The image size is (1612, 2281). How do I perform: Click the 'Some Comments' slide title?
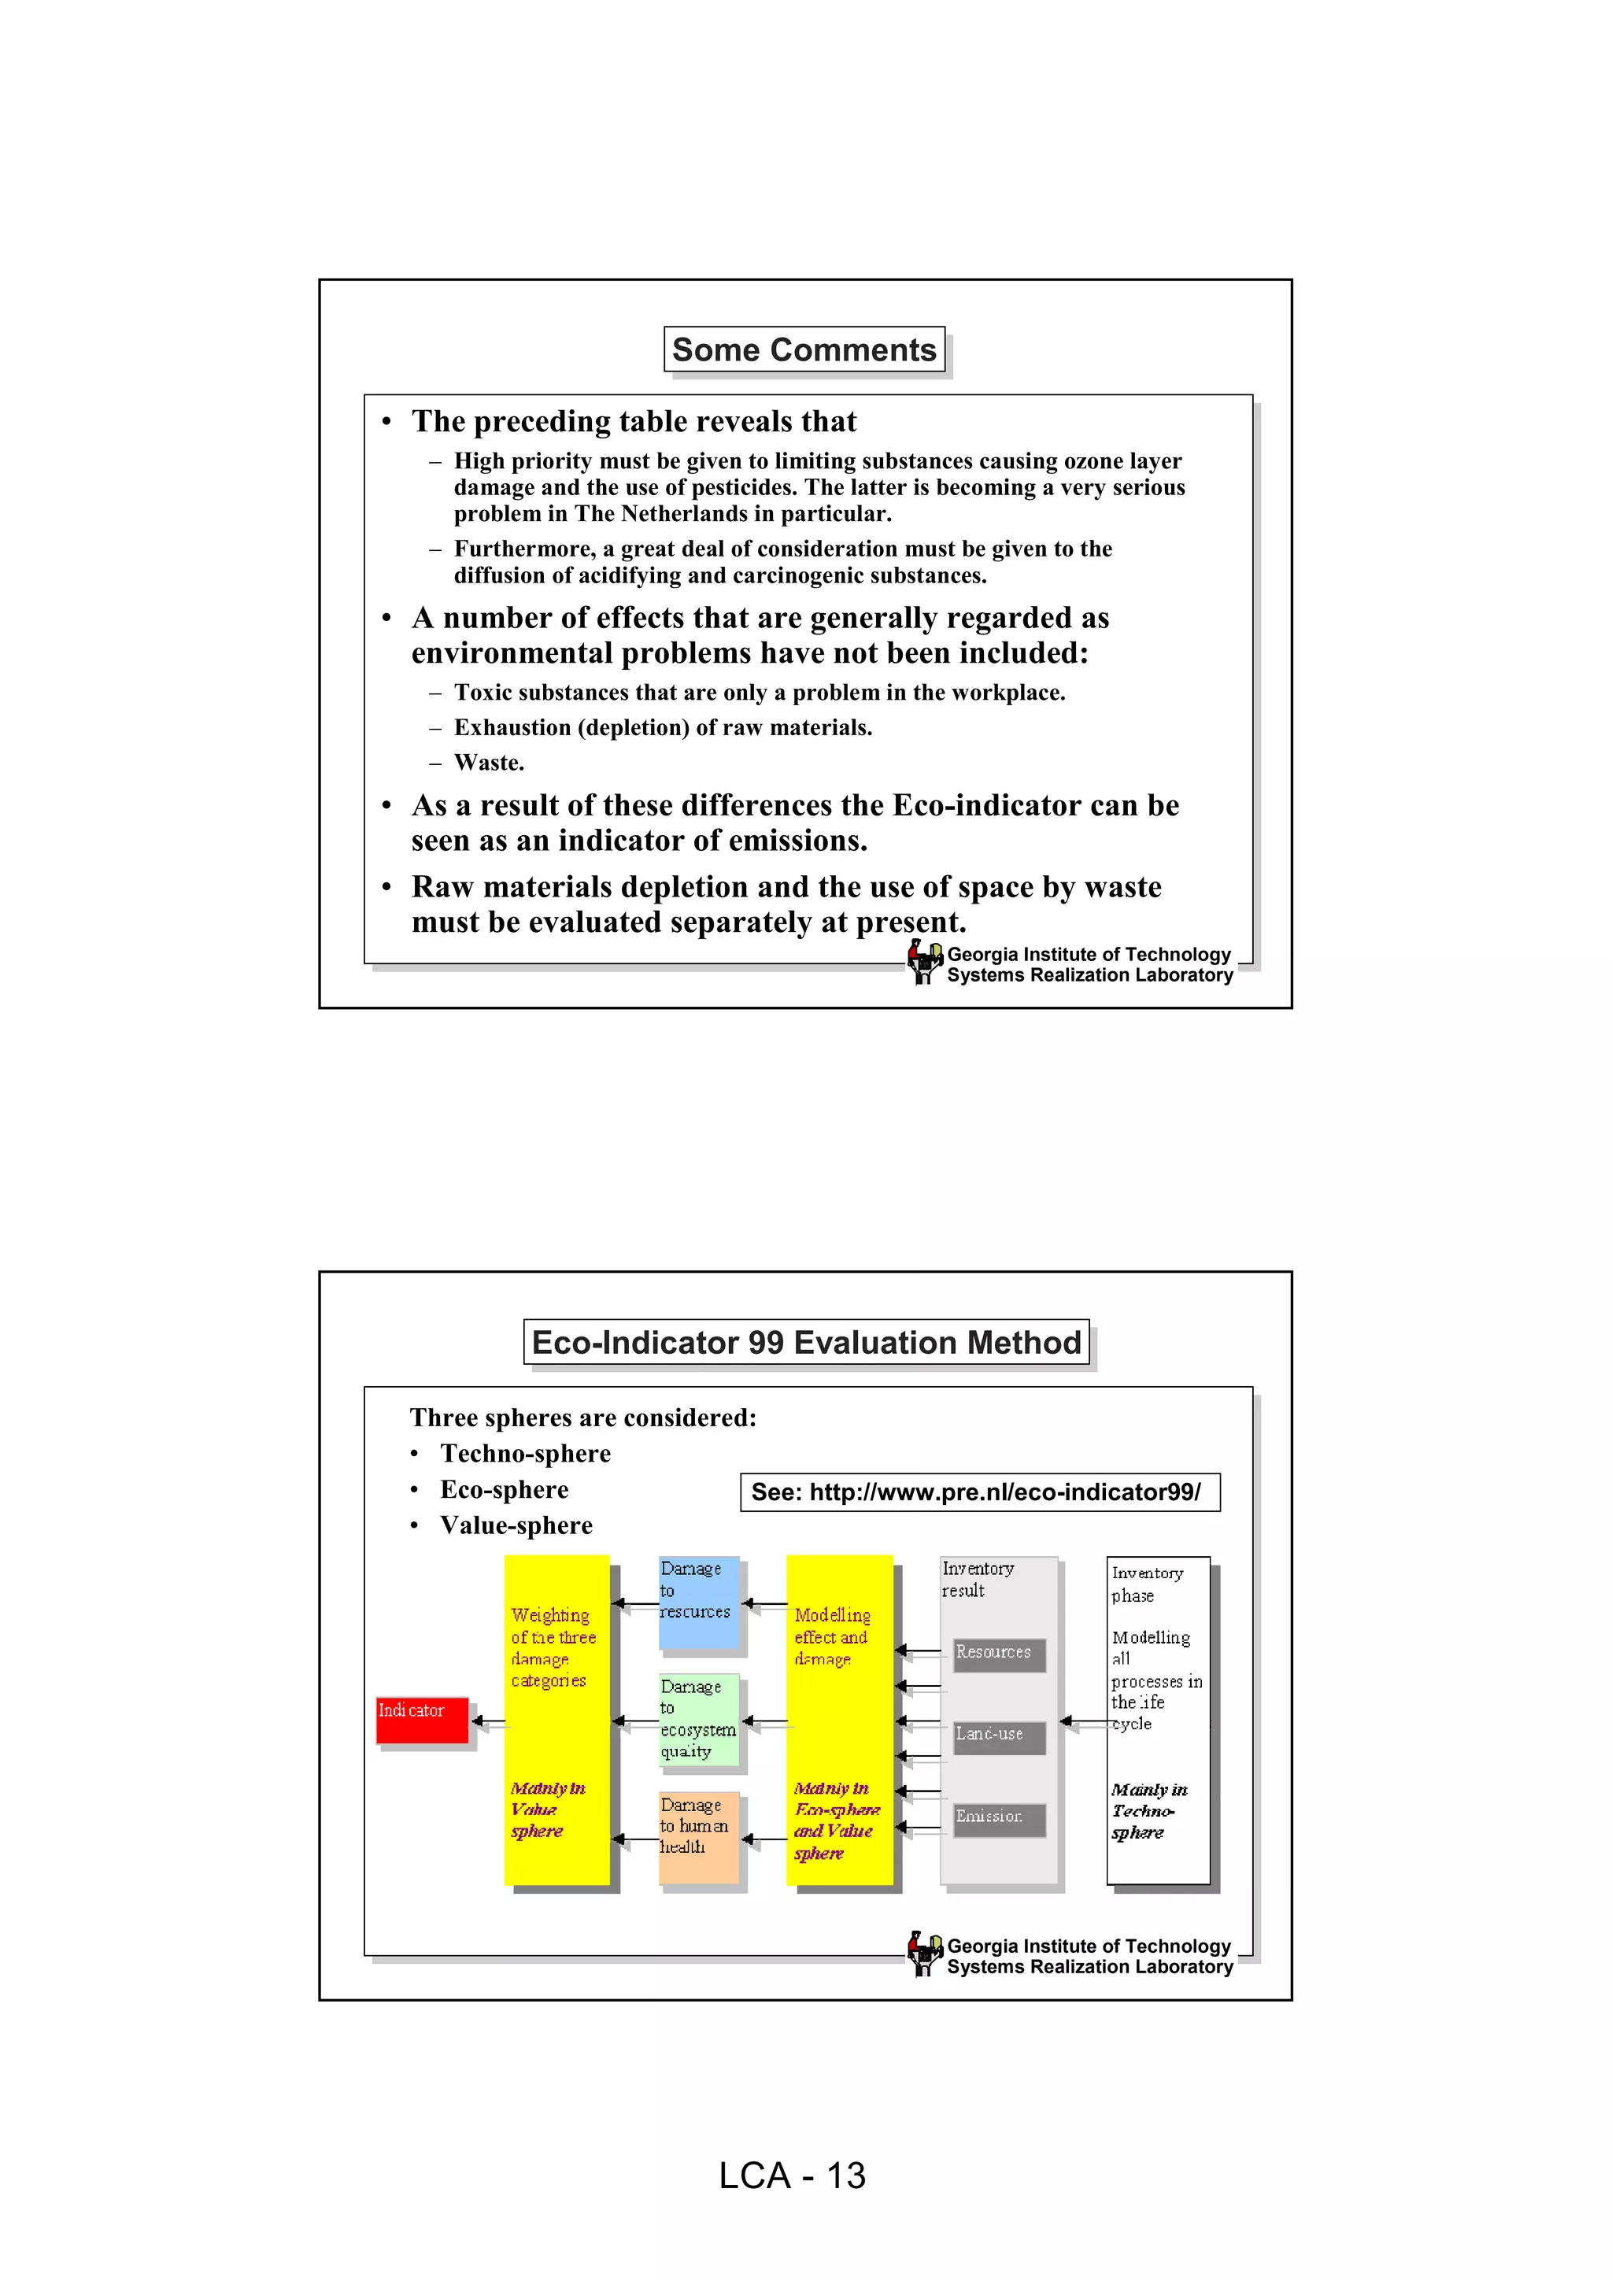click(x=804, y=349)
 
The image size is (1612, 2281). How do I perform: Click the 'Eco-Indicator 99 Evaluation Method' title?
click(x=805, y=1342)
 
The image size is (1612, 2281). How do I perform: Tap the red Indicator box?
click(x=422, y=1720)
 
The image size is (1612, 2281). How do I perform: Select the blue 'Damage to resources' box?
click(x=699, y=1602)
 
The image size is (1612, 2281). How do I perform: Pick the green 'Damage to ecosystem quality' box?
click(x=699, y=1720)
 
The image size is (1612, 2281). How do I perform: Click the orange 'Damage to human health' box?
click(x=699, y=1837)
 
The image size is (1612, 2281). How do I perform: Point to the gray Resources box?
click(x=998, y=1654)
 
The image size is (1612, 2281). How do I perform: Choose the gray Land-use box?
click(x=998, y=1736)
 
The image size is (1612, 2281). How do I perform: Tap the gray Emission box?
click(x=998, y=1818)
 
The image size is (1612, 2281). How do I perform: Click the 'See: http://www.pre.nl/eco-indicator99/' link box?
click(x=979, y=1492)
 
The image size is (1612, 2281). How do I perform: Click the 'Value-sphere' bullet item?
click(x=516, y=1525)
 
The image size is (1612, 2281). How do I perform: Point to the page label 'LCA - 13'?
click(x=793, y=2176)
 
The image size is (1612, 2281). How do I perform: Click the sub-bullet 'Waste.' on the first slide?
click(x=489, y=763)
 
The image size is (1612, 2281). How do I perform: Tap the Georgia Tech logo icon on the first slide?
click(x=925, y=962)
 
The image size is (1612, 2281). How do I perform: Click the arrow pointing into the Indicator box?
click(x=486, y=1721)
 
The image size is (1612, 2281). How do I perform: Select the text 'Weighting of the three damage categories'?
click(x=553, y=1647)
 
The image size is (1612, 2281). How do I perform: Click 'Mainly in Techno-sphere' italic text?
click(x=1149, y=1811)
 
